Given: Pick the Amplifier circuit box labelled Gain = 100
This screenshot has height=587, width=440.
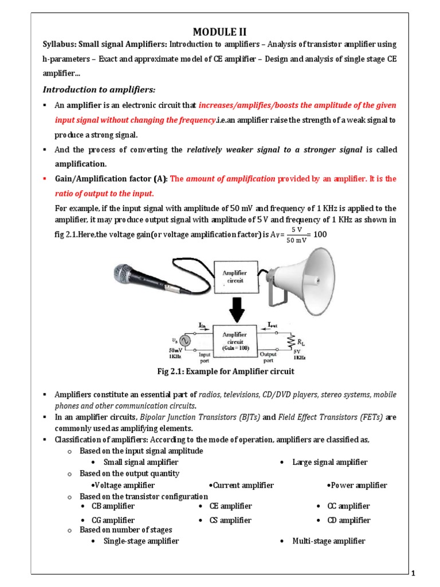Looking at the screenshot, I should click(235, 341).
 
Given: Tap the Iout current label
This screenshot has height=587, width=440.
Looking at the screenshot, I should click(274, 324).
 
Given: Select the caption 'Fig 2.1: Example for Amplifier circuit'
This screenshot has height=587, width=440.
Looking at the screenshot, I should click(225, 371).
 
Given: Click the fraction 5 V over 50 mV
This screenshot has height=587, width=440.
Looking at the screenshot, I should click(296, 234).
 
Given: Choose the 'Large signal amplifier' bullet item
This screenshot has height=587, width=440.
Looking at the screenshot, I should click(329, 462).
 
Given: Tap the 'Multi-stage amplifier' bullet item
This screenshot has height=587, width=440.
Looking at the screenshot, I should click(328, 541).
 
